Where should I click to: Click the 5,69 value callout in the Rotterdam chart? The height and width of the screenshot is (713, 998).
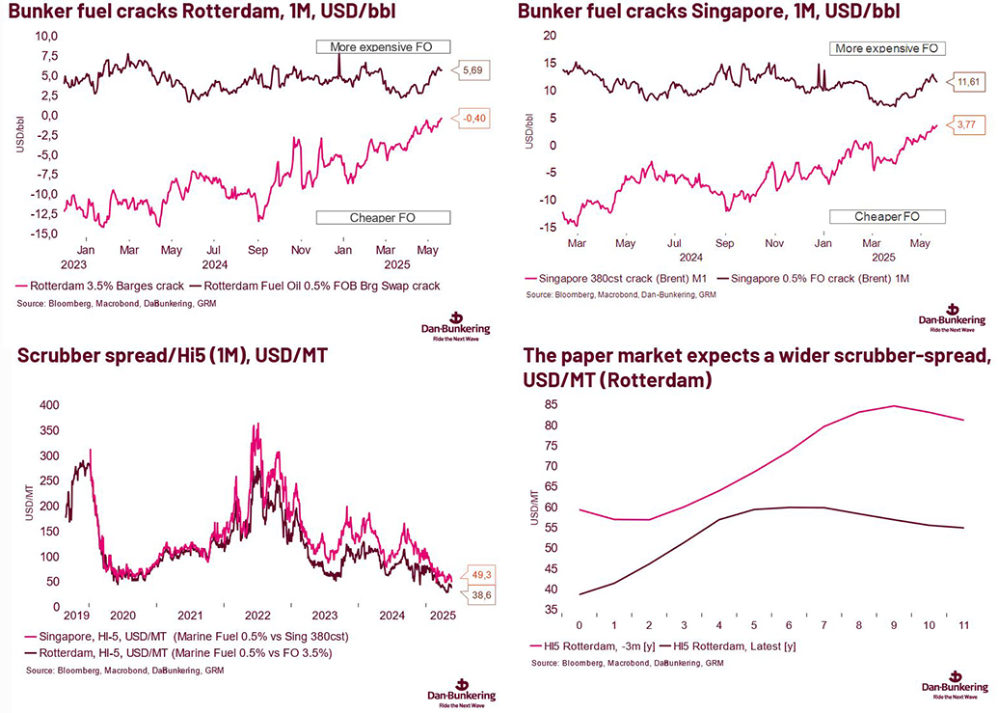click(x=475, y=70)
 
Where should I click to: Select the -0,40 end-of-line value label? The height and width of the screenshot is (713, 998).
click(x=474, y=120)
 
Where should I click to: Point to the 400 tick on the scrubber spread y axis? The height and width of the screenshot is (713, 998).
click(x=46, y=404)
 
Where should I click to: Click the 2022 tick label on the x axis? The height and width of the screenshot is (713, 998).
click(x=256, y=615)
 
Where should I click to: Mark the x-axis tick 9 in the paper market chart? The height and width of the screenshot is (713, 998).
click(x=893, y=624)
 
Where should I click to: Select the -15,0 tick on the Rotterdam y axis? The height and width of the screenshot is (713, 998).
click(x=43, y=234)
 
